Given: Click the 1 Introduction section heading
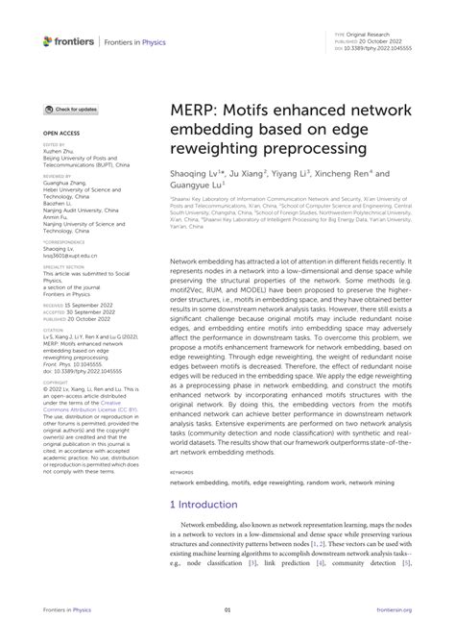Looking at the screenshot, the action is click(x=206, y=504).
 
